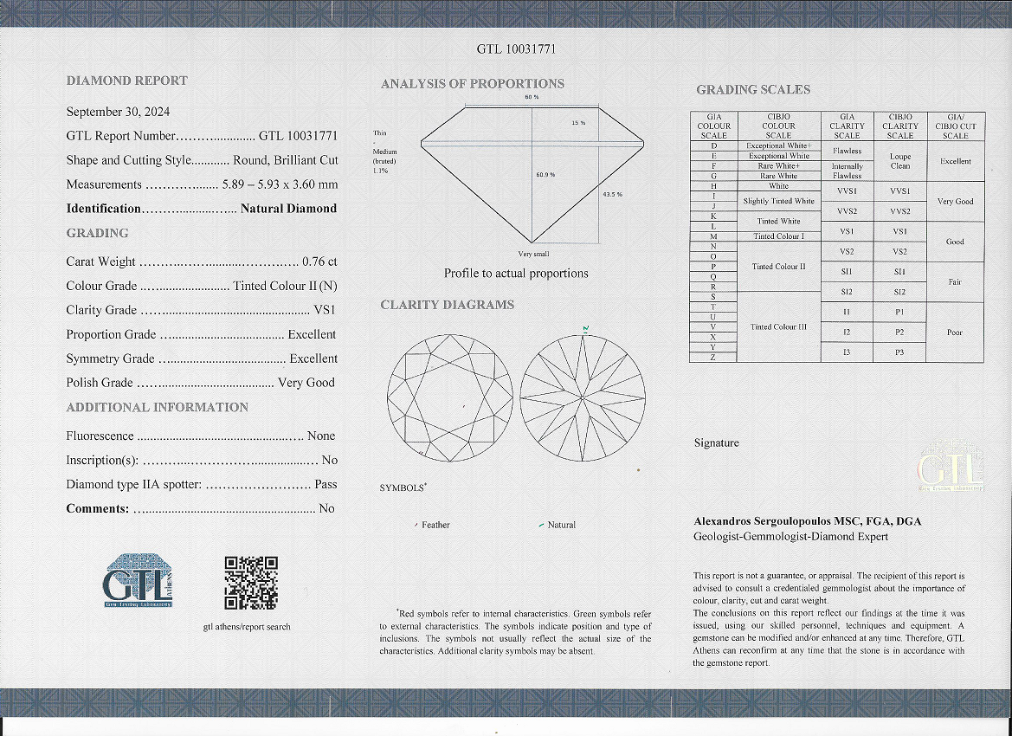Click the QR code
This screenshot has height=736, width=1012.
point(251,583)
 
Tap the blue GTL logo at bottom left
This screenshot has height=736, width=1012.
point(139,579)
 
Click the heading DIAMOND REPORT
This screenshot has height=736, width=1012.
point(126,81)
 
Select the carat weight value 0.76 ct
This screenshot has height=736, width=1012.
point(319,261)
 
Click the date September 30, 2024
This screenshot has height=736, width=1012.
point(118,112)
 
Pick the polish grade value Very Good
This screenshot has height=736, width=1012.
point(306,383)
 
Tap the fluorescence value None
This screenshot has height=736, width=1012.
point(321,436)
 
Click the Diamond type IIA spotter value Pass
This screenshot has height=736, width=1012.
point(326,485)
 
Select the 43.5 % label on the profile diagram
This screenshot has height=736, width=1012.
point(611,194)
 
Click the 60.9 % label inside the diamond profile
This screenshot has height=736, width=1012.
point(545,175)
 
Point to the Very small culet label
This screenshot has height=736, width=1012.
point(533,254)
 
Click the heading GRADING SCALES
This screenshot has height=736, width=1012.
point(753,90)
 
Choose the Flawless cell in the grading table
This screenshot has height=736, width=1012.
point(847,151)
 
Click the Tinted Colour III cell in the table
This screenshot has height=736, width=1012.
point(778,326)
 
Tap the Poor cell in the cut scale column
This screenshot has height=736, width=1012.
point(955,332)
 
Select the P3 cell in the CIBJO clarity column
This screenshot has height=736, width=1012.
point(899,352)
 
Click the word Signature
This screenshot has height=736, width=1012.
point(717,443)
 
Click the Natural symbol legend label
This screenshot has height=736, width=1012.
point(561,525)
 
